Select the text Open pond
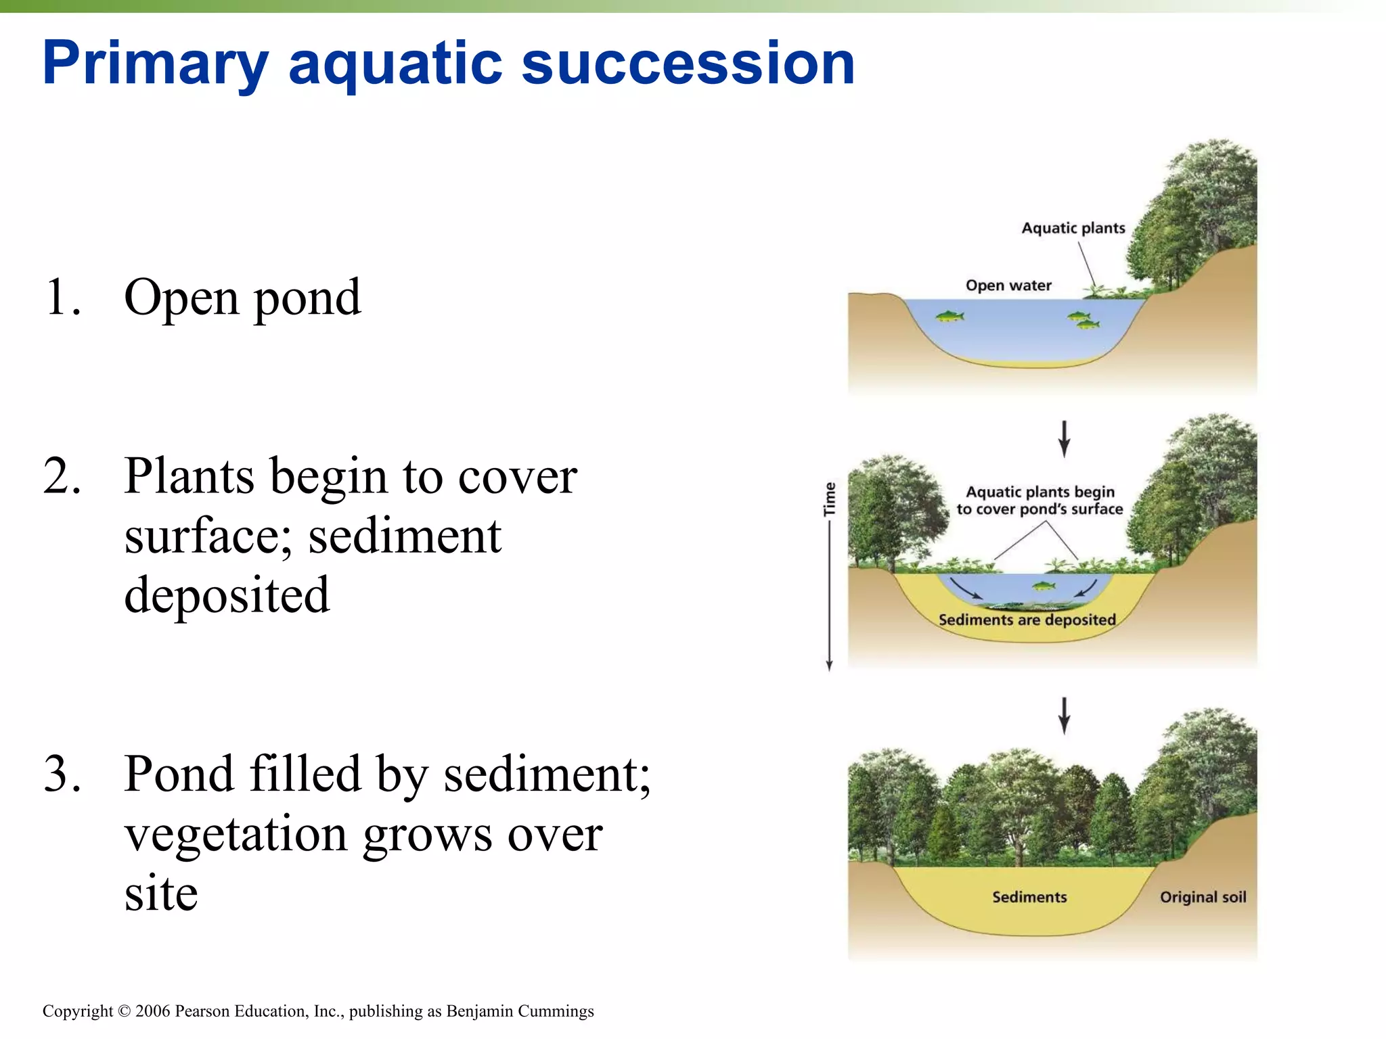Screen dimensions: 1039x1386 [242, 298]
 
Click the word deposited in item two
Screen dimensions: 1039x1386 [227, 595]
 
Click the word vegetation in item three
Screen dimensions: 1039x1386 [237, 833]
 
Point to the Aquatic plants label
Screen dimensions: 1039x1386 [1073, 228]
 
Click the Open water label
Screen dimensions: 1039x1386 [1008, 285]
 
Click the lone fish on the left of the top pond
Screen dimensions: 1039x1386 [949, 316]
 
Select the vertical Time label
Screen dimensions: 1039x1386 [830, 499]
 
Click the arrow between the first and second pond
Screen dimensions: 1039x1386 [1064, 438]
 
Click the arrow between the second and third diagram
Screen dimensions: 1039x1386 [1064, 716]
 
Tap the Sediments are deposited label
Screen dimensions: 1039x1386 [1027, 620]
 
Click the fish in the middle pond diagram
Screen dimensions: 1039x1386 [1043, 585]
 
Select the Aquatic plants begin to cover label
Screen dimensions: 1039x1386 [1039, 501]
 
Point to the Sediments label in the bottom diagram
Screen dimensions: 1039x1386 [1029, 897]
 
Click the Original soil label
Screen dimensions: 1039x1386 [1203, 897]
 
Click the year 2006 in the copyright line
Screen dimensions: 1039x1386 [153, 1011]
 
